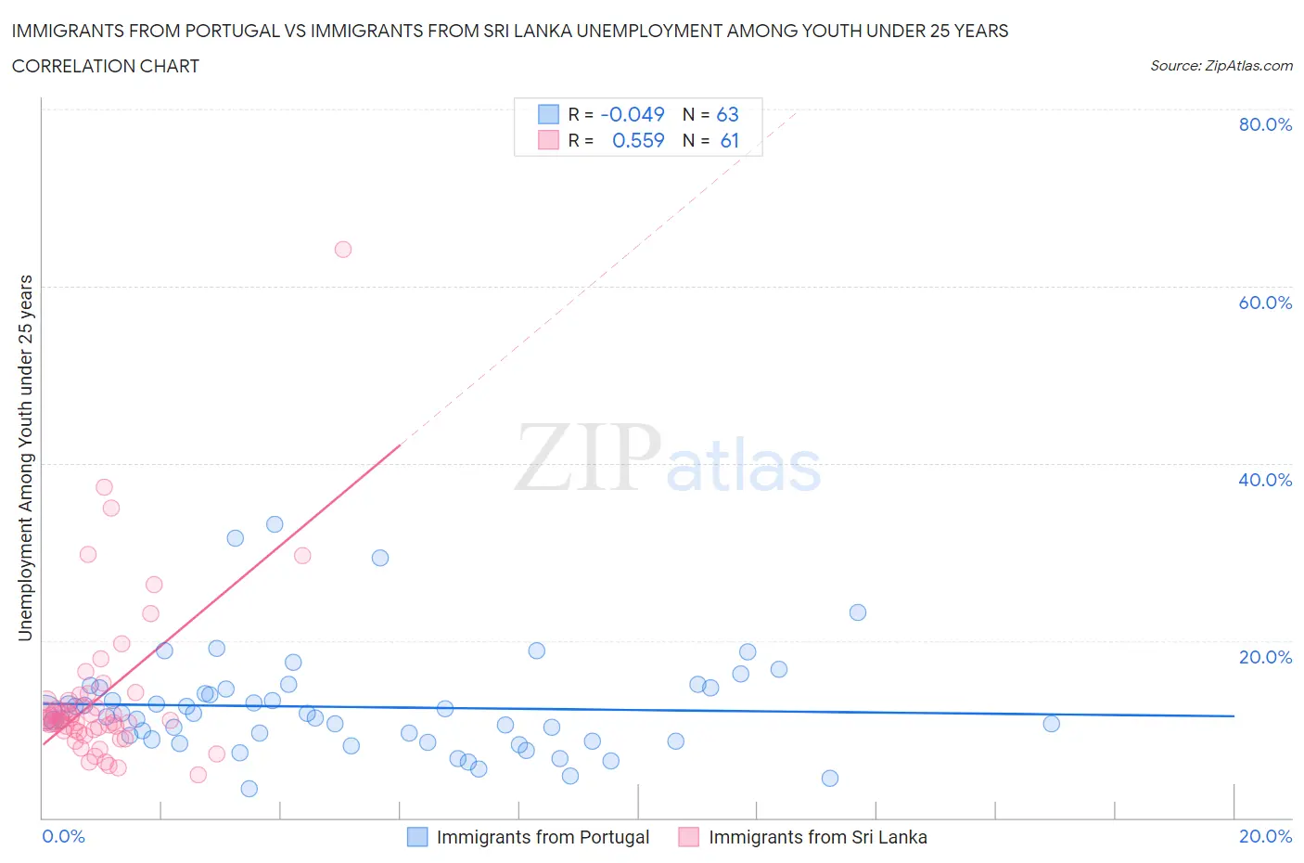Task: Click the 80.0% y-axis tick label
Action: (x=1265, y=124)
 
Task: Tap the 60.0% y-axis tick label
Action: (x=1265, y=303)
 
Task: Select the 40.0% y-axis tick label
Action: (x=1265, y=480)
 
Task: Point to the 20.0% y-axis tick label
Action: (x=1265, y=657)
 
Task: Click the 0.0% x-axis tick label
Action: (x=63, y=836)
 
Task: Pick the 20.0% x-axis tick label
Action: (x=1265, y=836)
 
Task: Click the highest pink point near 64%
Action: (x=343, y=249)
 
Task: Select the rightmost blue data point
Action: (x=1051, y=724)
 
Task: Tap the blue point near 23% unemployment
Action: (x=858, y=612)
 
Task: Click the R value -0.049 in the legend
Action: (x=633, y=114)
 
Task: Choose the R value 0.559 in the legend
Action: (x=638, y=140)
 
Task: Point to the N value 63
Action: (x=727, y=114)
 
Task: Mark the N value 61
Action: (x=729, y=140)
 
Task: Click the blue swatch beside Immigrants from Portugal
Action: (x=417, y=837)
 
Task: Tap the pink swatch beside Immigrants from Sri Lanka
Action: (x=688, y=837)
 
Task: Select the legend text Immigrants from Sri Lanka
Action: (x=817, y=837)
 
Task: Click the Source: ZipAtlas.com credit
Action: (x=1221, y=65)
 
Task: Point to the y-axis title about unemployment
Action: (x=26, y=457)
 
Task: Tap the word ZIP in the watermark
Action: (x=588, y=457)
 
